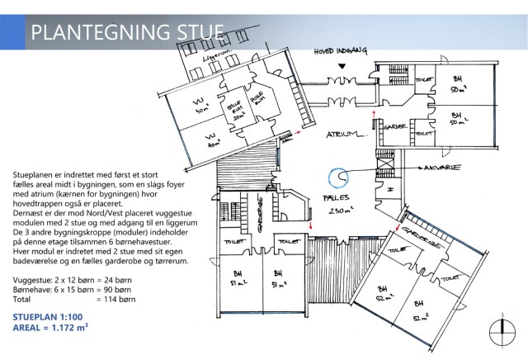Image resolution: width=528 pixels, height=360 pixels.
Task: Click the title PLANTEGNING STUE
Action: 126,33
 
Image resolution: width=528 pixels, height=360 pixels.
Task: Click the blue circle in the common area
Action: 338,178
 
